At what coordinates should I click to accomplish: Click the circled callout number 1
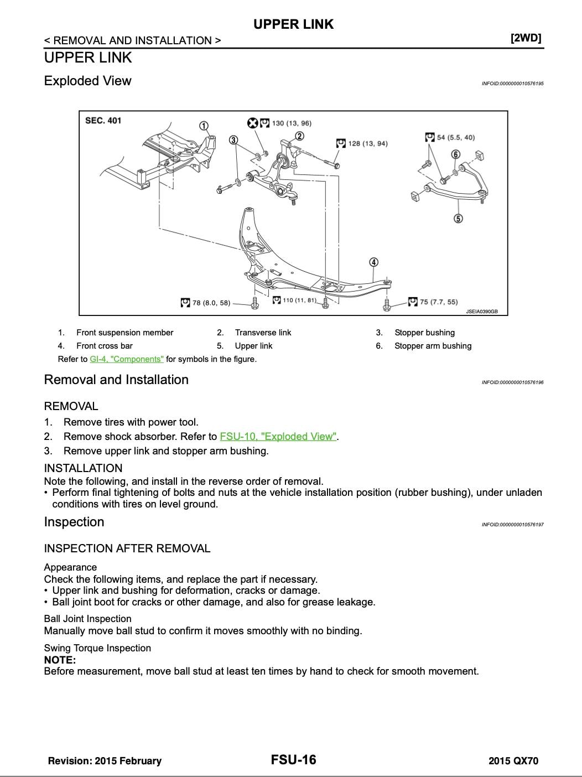pyautogui.click(x=204, y=126)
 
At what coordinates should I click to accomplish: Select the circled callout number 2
pyautogui.click(x=299, y=136)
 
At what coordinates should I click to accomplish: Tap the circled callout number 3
pyautogui.click(x=233, y=140)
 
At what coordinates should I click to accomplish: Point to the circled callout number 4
pyautogui.click(x=373, y=262)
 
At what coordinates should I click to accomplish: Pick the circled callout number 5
pyautogui.click(x=458, y=219)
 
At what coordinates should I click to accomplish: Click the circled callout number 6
pyautogui.click(x=456, y=154)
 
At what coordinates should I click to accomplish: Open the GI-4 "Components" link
pyautogui.click(x=127, y=359)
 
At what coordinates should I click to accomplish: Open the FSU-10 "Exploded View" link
pyautogui.click(x=278, y=437)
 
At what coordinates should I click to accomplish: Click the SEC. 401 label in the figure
pyautogui.click(x=103, y=120)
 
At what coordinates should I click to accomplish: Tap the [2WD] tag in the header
pyautogui.click(x=526, y=38)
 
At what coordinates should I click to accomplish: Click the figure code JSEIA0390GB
pyautogui.click(x=482, y=312)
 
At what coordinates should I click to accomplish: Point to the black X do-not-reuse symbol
pyautogui.click(x=253, y=123)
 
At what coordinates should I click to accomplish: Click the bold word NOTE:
pyautogui.click(x=60, y=660)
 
